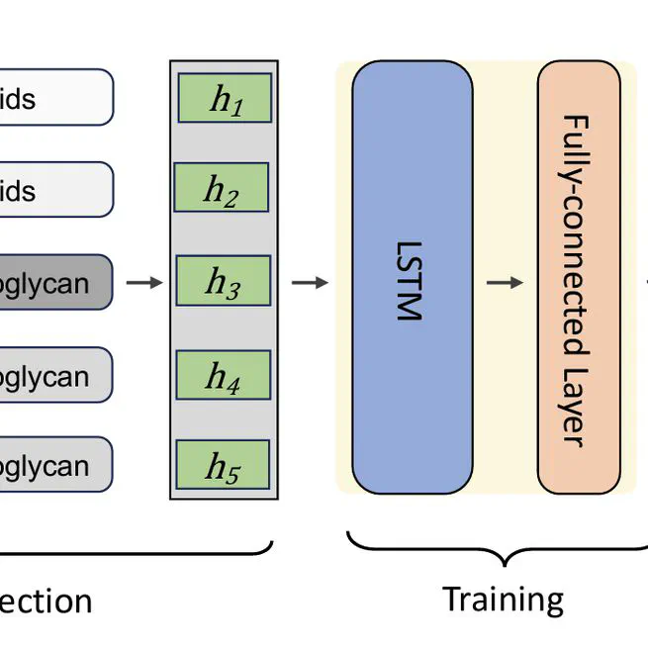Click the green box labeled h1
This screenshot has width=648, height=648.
click(x=225, y=98)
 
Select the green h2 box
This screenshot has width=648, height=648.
click(x=222, y=188)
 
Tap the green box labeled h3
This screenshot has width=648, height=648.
click(x=223, y=282)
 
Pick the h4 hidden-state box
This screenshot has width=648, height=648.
click(x=224, y=375)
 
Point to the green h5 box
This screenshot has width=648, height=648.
click(x=223, y=466)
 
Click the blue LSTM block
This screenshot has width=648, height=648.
click(x=412, y=277)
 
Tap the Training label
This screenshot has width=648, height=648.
click(x=503, y=600)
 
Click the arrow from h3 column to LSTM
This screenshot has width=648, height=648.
click(x=310, y=283)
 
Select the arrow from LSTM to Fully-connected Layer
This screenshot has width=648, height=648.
click(x=505, y=283)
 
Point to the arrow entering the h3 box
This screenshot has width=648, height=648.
click(x=145, y=283)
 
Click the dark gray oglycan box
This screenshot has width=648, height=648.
click(x=54, y=283)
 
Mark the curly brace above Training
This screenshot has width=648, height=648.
click(x=503, y=550)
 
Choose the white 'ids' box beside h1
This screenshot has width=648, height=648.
click(x=54, y=98)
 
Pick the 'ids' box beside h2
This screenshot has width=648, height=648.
click(x=54, y=189)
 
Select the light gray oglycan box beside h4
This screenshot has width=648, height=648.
click(x=54, y=375)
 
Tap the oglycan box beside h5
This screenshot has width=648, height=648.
click(x=54, y=466)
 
